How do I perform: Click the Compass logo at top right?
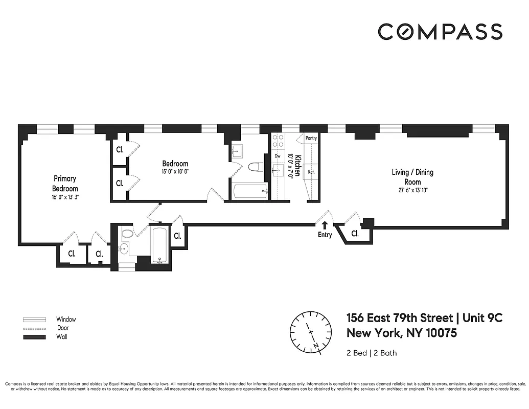point(440,32)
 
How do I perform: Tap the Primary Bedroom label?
point(65,184)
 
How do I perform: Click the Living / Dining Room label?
point(412,177)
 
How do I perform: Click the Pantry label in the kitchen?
point(311,138)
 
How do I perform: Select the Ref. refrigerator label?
point(311,172)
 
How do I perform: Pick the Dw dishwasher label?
point(278,156)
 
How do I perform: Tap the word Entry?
point(325,235)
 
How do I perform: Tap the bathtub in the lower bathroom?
point(158,245)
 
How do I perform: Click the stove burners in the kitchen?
point(279,141)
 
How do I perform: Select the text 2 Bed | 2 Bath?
point(372,353)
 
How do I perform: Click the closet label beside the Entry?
point(355,234)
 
